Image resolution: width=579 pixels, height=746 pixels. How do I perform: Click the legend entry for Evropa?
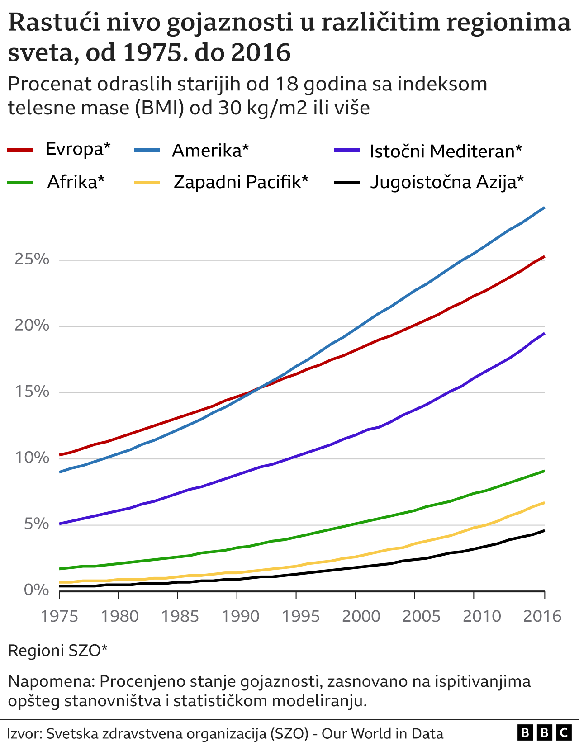tap(78, 149)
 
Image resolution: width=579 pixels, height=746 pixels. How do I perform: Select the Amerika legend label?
tap(210, 151)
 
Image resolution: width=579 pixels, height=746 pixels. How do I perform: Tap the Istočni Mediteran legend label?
tap(446, 151)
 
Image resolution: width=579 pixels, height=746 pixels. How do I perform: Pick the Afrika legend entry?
tap(76, 182)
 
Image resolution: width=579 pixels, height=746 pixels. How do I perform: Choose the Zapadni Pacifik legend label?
tap(241, 182)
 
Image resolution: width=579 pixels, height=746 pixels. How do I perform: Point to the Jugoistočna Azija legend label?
tap(446, 182)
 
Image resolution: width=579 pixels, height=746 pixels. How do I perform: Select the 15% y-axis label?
tap(32, 392)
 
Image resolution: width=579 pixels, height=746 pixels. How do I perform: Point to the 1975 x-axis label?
tap(60, 616)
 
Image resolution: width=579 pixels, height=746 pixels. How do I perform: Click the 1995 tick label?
tap(296, 616)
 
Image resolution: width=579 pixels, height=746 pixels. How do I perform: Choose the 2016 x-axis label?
tap(542, 616)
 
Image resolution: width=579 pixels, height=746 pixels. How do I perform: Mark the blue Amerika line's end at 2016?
tap(544, 208)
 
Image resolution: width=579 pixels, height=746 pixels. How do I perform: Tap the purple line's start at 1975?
tap(60, 524)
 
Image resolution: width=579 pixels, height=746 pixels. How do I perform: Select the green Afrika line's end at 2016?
tap(544, 471)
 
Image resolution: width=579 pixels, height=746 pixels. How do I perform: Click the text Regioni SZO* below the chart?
tap(58, 651)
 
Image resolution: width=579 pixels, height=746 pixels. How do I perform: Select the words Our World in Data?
tap(382, 733)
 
